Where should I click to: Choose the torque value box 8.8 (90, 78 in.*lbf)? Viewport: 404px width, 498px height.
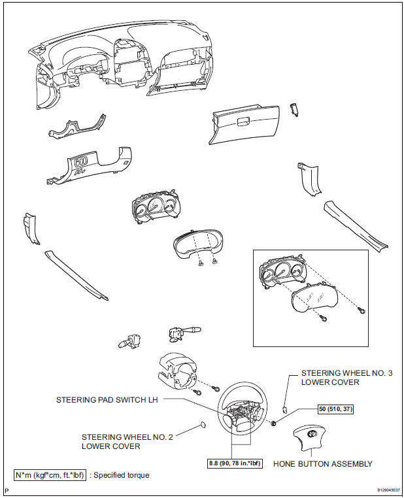point(231,464)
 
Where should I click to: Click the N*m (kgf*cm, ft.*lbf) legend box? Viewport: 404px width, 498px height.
point(50,475)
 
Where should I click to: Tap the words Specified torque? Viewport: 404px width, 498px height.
point(121,475)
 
